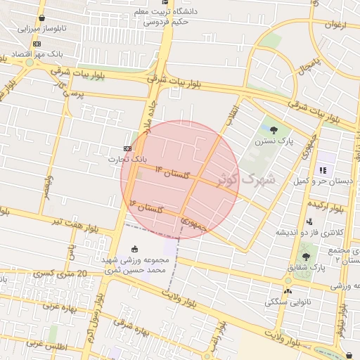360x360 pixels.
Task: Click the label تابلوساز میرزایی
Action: pyautogui.click(x=41, y=29)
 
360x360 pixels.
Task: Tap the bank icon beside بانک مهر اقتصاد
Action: pyautogui.click(x=37, y=44)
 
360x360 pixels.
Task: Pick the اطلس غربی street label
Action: pyautogui.click(x=45, y=345)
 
